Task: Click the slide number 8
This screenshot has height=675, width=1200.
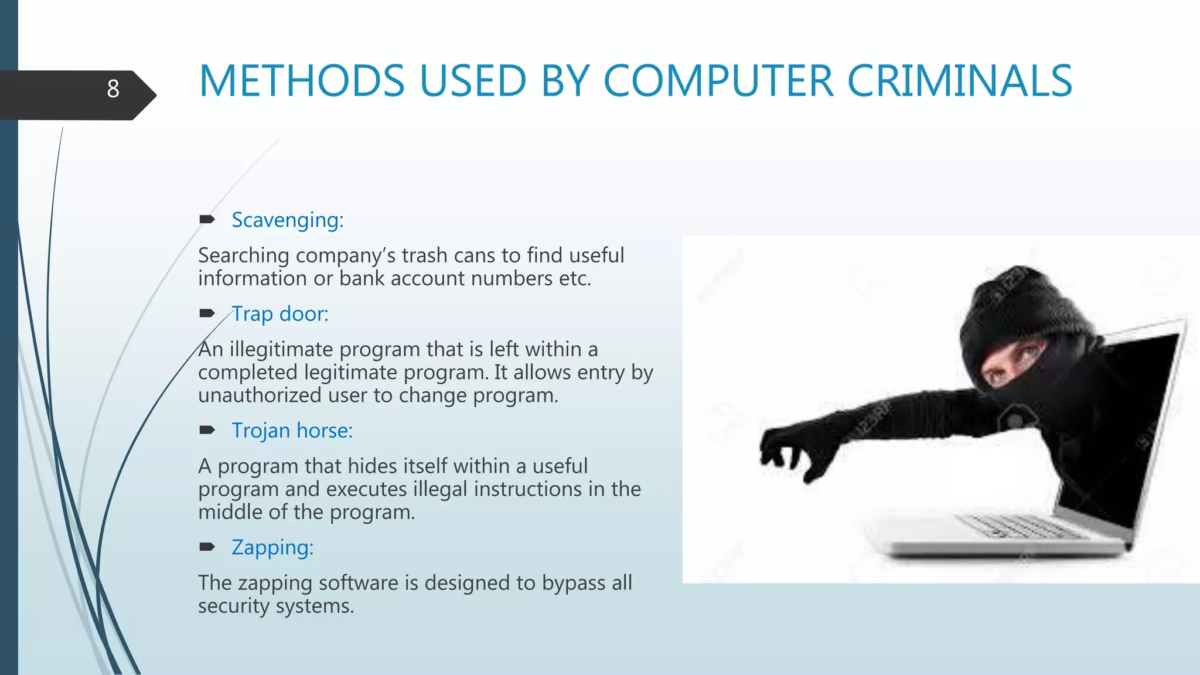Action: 113,89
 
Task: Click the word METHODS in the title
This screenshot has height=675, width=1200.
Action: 302,81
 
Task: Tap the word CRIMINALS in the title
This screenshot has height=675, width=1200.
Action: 959,81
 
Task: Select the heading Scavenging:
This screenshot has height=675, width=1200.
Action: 287,220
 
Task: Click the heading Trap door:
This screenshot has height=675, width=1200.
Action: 280,314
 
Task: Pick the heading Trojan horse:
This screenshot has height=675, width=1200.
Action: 292,431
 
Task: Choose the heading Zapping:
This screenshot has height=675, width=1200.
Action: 272,547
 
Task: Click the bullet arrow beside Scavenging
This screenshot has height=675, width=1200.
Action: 207,220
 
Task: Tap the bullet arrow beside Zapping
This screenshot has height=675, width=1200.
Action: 207,547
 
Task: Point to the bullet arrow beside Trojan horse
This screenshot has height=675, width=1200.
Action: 207,431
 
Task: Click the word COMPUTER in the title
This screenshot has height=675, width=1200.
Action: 718,81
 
